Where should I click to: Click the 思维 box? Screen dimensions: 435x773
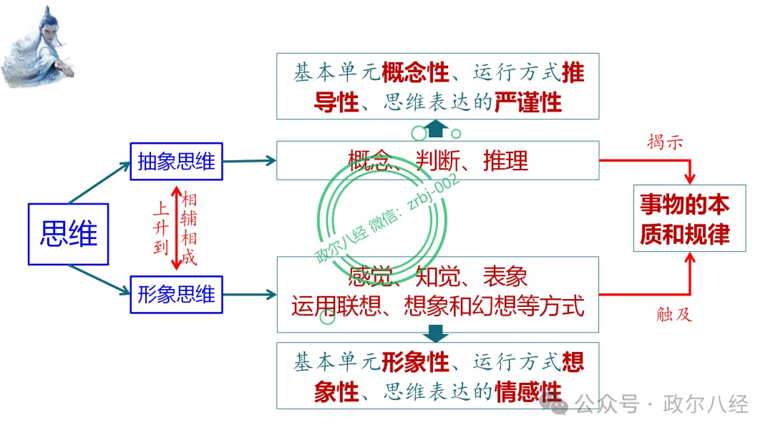coord(68,234)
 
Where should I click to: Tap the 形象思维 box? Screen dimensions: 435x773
coord(176,294)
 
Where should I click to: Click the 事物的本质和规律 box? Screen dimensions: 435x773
coord(689,218)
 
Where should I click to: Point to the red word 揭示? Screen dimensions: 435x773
coord(665,142)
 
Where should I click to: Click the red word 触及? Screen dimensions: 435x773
coord(674,313)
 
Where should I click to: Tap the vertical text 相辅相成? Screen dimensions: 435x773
coord(189,229)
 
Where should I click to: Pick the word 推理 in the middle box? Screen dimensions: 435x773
coord(506,160)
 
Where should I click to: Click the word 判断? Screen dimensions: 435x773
coord(438,160)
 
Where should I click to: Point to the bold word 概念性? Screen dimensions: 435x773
coord(416,72)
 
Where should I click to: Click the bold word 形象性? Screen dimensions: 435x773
coord(416,362)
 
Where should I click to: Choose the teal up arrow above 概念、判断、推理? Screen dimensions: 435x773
coord(437,129)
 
